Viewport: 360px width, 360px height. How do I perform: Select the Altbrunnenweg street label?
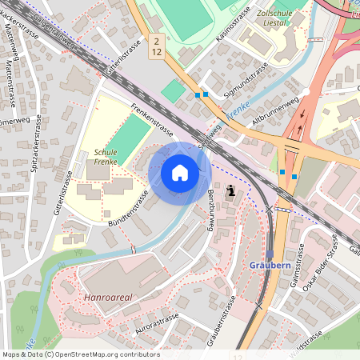(x=274, y=113)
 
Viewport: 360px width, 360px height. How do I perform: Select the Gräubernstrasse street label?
(x=219, y=320)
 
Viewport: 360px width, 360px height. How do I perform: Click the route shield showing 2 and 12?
(x=158, y=46)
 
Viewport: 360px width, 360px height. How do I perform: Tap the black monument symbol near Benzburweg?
(x=231, y=191)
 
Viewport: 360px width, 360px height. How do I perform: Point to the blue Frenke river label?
(x=238, y=114)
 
